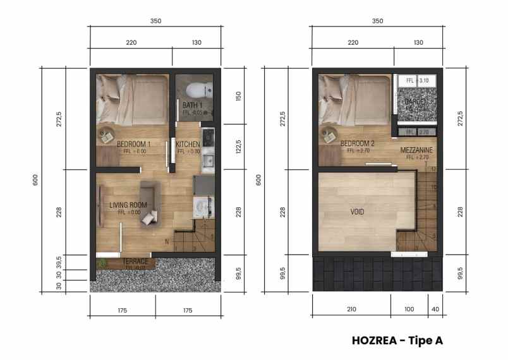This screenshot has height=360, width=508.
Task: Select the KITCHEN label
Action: tap(189, 144)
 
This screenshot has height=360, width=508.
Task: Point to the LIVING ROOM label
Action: tap(128, 205)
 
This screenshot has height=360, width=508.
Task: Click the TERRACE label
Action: tap(136, 261)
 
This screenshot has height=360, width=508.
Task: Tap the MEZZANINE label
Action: tap(416, 150)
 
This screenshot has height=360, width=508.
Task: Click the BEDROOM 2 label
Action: tap(358, 143)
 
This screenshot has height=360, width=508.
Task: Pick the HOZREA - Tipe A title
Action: tap(397, 340)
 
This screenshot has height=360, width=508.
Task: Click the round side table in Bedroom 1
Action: tap(105, 134)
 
